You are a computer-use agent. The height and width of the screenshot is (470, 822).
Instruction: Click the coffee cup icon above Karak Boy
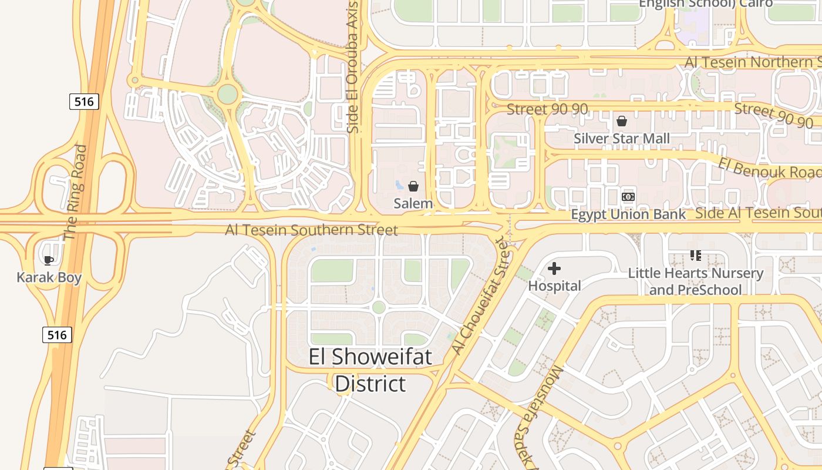tap(49, 260)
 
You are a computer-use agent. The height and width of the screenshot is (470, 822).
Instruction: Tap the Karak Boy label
tap(49, 277)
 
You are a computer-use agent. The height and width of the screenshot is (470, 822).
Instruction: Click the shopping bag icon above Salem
tap(413, 186)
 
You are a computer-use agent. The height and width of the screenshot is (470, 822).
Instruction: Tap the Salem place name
tap(413, 204)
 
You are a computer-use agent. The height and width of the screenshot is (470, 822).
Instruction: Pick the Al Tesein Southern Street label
tap(311, 230)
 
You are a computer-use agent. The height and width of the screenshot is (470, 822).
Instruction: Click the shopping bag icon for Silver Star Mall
tap(622, 121)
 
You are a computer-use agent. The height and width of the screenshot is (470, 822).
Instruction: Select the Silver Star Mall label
tap(622, 139)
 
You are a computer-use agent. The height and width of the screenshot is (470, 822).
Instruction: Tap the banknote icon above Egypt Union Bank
tap(628, 196)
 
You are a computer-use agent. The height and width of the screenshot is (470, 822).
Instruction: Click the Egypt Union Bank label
tap(628, 214)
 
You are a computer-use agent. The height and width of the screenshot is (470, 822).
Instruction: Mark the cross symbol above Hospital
tap(554, 268)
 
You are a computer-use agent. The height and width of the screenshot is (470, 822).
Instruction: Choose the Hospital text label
tap(555, 286)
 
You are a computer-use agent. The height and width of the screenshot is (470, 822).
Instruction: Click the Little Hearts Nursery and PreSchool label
tap(696, 281)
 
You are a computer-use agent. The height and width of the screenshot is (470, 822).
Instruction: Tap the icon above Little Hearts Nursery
tap(696, 255)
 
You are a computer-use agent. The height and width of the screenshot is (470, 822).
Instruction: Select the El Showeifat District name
tap(370, 370)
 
